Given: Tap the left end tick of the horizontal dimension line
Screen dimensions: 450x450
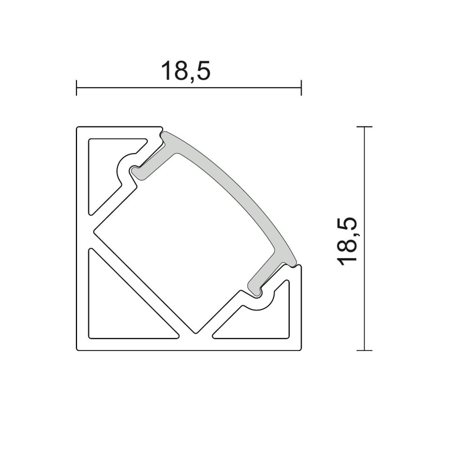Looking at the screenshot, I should (76, 88).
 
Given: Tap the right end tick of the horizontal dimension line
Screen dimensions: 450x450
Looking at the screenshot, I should (301, 88).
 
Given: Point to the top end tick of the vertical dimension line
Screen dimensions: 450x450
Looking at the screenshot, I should (365, 128).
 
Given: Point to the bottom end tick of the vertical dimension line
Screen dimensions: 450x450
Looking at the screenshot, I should (365, 350).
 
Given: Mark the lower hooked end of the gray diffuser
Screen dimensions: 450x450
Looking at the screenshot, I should (256, 287).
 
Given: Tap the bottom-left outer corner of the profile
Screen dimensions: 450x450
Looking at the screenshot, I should (78, 349).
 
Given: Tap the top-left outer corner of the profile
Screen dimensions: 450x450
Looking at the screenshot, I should (78, 128).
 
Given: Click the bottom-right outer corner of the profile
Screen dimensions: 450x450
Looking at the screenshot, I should (301, 349).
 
